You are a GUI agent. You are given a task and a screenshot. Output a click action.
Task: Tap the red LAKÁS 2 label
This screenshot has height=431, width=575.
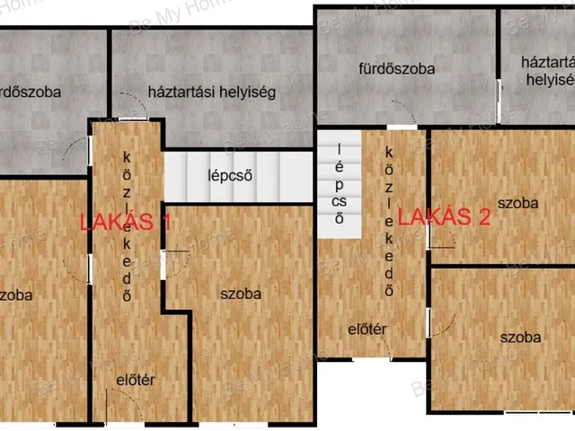(x=444, y=216)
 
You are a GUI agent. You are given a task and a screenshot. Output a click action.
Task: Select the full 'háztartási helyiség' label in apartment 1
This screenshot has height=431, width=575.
(x=211, y=92)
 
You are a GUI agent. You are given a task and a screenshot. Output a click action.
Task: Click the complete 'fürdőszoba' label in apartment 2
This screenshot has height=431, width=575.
(x=396, y=68)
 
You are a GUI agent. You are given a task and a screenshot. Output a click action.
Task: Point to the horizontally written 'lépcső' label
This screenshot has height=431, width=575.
(x=228, y=174)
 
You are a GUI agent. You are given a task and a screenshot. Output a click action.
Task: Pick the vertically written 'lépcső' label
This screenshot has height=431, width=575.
(x=340, y=183)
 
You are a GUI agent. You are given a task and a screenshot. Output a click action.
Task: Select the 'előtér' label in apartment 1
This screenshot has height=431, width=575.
(x=137, y=380)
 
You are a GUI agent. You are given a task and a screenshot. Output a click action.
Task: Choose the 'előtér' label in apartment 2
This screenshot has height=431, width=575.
(x=367, y=330)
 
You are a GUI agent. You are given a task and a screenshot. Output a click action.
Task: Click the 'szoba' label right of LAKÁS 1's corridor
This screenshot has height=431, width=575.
(x=241, y=294)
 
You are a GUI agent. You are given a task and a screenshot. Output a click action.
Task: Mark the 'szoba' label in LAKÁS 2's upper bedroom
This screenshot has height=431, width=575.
(x=518, y=203)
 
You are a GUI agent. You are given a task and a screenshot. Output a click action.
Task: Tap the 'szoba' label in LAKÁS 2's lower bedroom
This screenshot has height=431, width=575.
(x=521, y=338)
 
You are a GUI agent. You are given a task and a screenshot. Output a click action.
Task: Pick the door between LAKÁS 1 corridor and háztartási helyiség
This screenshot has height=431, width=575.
(x=134, y=119)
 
